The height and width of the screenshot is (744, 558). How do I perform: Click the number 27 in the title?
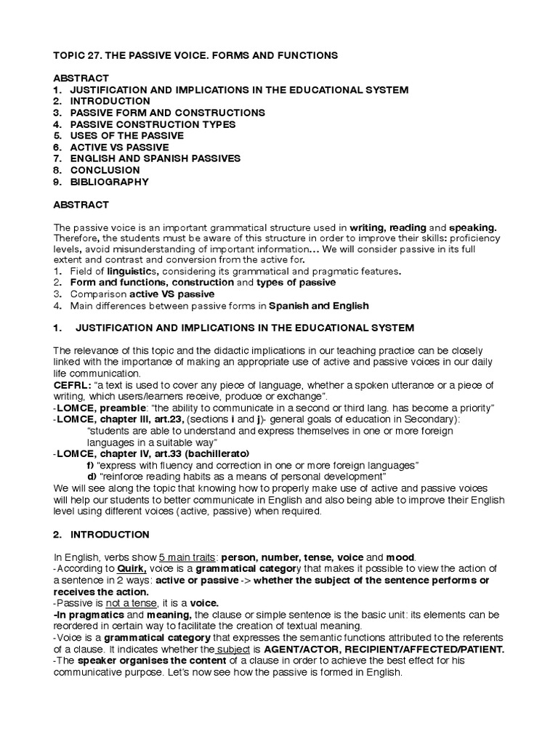coord(92,54)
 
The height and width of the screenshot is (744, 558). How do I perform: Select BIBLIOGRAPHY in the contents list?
coord(109,182)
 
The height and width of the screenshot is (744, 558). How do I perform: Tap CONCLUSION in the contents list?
coord(105,170)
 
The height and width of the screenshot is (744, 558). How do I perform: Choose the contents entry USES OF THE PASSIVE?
coord(126,136)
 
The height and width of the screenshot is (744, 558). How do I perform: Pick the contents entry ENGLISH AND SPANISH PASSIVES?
coord(155,158)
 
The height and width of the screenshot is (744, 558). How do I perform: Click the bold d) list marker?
coord(91,477)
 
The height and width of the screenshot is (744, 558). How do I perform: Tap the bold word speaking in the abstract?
coord(472,228)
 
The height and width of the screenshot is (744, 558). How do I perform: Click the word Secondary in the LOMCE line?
coord(436,419)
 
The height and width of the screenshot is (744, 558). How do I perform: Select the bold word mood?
coord(401,557)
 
